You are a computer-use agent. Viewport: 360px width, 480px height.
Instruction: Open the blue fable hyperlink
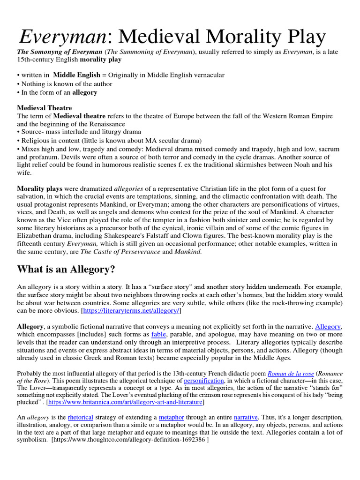click(x=159, y=334)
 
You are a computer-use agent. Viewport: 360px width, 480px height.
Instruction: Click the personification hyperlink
click(x=204, y=381)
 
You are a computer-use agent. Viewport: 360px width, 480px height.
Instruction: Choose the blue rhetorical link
click(x=80, y=417)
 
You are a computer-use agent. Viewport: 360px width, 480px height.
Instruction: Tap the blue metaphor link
click(x=171, y=417)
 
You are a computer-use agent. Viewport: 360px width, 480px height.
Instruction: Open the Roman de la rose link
click(x=291, y=373)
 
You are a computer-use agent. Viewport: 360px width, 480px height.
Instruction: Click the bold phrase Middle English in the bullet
click(x=76, y=75)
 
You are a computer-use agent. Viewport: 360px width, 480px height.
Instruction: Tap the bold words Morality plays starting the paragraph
click(x=40, y=188)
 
